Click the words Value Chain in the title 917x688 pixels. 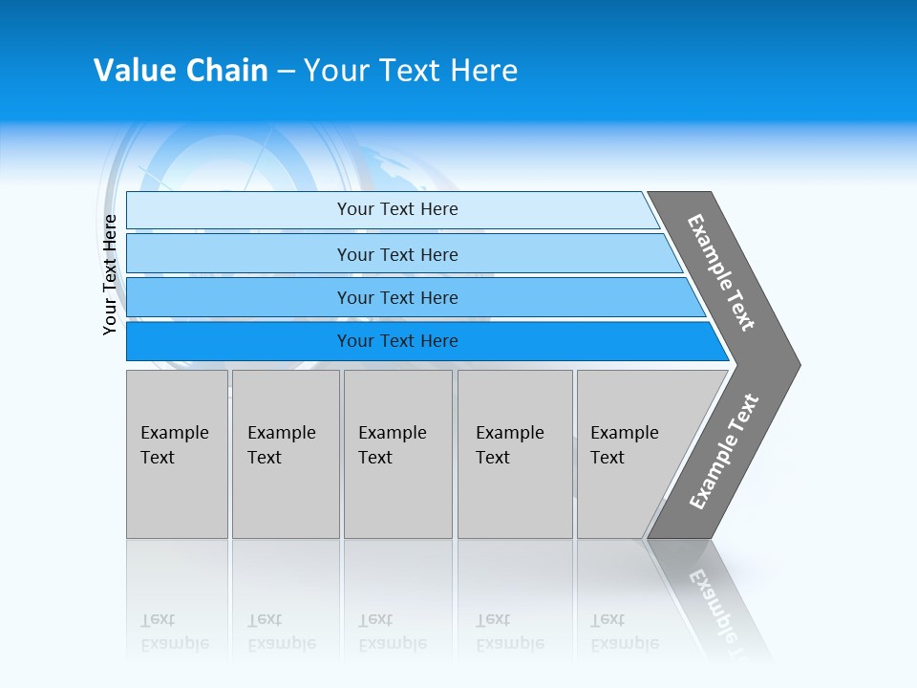pyautogui.click(x=181, y=71)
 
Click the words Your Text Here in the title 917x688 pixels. pyautogui.click(x=411, y=71)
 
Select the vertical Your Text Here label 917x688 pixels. pyautogui.click(x=110, y=275)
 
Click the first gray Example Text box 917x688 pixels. pyautogui.click(x=177, y=454)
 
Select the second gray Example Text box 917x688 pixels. pyautogui.click(x=285, y=454)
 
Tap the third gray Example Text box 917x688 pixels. pyautogui.click(x=397, y=454)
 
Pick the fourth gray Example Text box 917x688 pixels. pyautogui.click(x=514, y=454)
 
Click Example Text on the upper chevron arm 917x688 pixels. pyautogui.click(x=721, y=272)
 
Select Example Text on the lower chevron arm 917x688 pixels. pyautogui.click(x=724, y=452)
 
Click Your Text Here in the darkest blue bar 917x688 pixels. pyautogui.click(x=397, y=341)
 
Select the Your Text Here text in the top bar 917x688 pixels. pyautogui.click(x=397, y=209)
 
